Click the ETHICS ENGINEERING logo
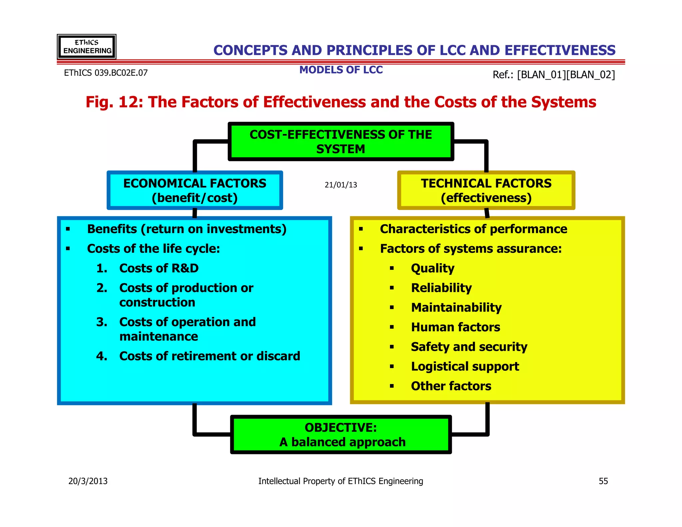87,47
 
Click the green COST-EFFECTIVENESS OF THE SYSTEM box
341,142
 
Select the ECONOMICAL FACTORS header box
195,190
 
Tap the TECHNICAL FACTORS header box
486,190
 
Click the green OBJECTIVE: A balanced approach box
341,434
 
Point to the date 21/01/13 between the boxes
341,185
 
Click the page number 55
603,481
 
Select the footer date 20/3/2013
88,481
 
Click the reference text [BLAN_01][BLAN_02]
566,75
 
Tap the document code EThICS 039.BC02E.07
106,73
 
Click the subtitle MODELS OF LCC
341,70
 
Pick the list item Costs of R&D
159,268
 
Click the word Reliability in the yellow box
441,288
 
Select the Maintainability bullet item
456,307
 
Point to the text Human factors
455,327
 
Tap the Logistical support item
465,366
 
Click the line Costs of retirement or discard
209,356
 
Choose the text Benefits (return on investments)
186,229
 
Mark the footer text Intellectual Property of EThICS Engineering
341,481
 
